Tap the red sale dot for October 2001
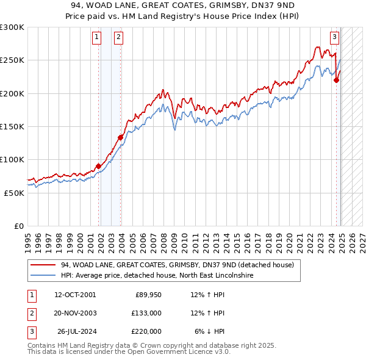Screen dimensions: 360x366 [98, 166]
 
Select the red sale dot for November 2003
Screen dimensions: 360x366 [121, 137]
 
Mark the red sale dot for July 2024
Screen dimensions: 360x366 [337, 80]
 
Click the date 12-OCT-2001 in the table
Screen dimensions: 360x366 [75, 295]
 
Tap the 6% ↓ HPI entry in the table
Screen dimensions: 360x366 [210, 331]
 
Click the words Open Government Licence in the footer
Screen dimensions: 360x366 [175, 352]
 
